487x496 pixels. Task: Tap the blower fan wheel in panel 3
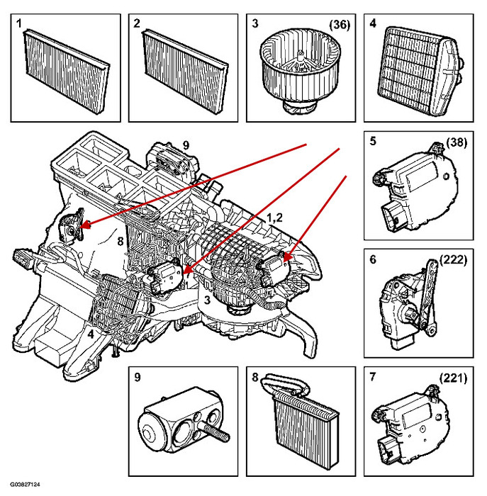[299, 68]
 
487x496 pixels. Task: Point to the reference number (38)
[458, 142]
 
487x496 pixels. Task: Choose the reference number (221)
[454, 379]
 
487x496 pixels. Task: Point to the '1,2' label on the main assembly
[276, 218]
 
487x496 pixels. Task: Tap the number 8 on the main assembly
[121, 242]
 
